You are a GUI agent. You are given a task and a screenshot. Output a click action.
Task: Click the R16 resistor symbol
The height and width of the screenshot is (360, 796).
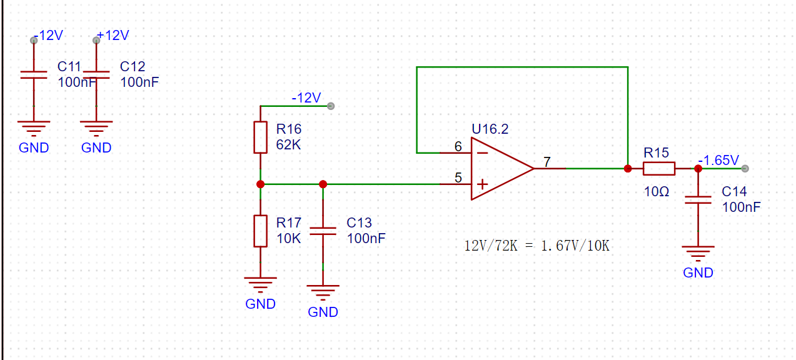(261, 137)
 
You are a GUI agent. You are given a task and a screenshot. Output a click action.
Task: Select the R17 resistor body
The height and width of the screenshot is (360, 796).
(261, 231)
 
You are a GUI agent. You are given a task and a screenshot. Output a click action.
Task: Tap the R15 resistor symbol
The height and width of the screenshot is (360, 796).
(659, 169)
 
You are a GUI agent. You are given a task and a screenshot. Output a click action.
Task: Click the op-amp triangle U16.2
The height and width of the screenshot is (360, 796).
(503, 169)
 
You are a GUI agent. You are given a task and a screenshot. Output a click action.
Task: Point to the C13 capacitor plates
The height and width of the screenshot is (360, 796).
(323, 231)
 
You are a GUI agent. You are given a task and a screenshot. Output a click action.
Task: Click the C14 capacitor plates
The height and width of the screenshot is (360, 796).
(698, 200)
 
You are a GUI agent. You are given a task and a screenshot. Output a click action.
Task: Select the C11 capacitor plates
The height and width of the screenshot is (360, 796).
(34, 75)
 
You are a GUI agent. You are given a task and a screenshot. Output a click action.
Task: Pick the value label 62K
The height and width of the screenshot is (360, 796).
(288, 145)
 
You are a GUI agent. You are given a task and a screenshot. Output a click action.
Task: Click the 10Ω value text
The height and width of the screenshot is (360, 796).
(657, 192)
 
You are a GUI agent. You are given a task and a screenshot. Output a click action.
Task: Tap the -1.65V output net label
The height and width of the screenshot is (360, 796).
(718, 161)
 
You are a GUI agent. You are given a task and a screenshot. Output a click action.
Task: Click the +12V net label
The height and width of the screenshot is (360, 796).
(113, 36)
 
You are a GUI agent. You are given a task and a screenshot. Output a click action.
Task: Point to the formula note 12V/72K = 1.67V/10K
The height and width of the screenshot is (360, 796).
(537, 246)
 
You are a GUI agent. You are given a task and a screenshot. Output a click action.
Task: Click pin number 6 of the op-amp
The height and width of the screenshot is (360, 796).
(458, 146)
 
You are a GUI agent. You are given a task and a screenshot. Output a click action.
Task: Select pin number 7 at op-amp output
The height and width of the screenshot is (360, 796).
(547, 162)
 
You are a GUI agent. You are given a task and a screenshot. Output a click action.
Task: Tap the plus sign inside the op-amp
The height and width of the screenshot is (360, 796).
(482, 184)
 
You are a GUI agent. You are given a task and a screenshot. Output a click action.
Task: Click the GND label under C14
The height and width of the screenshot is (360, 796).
(698, 272)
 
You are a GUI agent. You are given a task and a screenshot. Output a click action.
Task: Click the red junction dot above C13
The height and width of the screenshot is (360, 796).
(323, 184)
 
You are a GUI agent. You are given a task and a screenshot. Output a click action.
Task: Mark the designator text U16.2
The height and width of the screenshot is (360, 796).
(490, 129)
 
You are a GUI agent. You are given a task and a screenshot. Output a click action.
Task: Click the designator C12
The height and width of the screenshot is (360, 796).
(133, 66)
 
